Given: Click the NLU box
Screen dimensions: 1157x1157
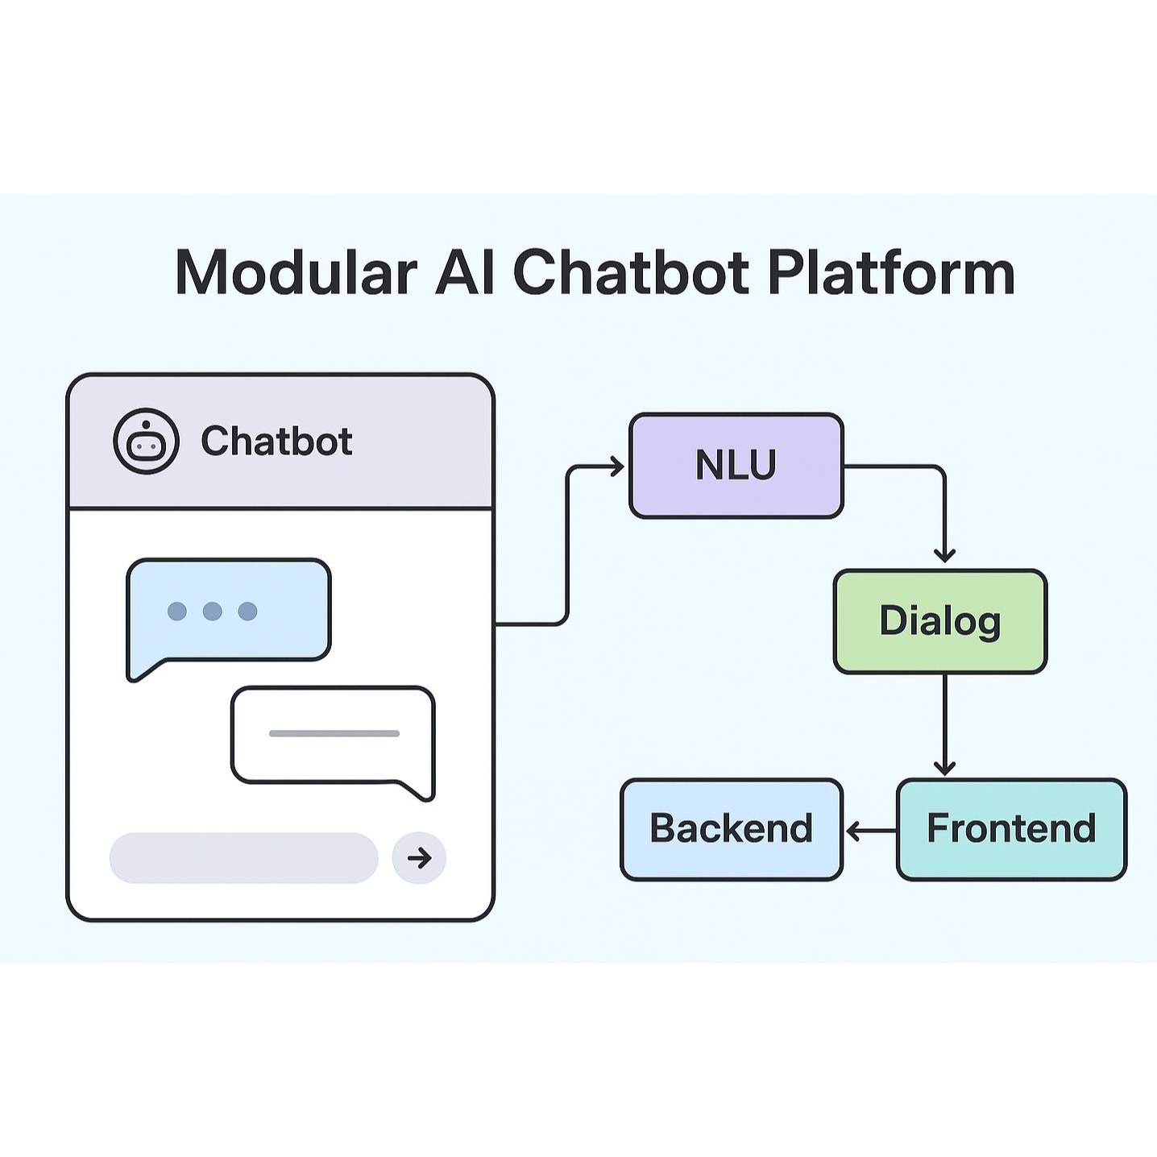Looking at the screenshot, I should pyautogui.click(x=736, y=466).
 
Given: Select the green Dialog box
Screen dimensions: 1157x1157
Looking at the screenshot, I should pyautogui.click(x=939, y=621).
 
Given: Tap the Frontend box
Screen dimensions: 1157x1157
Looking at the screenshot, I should pyautogui.click(x=1011, y=829).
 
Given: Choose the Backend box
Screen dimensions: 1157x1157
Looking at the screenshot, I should pyautogui.click(x=731, y=829).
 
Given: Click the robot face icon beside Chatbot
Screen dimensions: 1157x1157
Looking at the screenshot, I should pyautogui.click(x=146, y=441).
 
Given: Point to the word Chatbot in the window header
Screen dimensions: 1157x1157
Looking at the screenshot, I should pyautogui.click(x=276, y=442).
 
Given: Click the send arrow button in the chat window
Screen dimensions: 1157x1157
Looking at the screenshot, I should pyautogui.click(x=419, y=858).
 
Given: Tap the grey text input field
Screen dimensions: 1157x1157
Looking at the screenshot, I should pyautogui.click(x=243, y=858).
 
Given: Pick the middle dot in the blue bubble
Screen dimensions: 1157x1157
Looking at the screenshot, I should pyautogui.click(x=213, y=612).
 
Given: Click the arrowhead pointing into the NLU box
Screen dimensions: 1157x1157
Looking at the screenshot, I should pyautogui.click(x=617, y=467).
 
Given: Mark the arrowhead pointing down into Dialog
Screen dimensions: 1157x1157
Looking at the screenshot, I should pyautogui.click(x=944, y=555).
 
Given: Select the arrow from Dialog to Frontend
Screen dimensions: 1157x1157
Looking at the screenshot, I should pyautogui.click(x=944, y=725).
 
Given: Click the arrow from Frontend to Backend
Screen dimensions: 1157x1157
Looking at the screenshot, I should pyautogui.click(x=870, y=830).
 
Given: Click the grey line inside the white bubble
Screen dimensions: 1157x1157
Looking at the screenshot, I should pyautogui.click(x=334, y=733).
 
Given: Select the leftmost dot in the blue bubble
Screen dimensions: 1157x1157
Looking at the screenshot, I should pyautogui.click(x=177, y=612).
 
